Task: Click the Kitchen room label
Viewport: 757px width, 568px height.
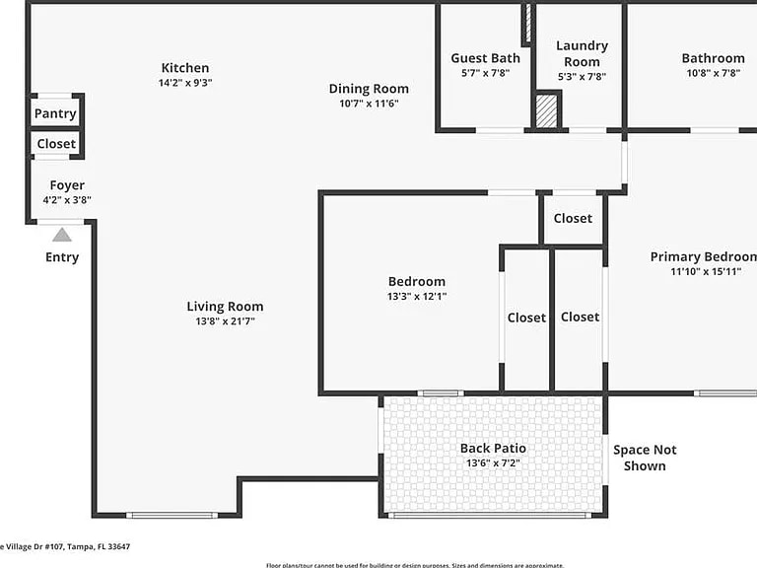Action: click(x=185, y=68)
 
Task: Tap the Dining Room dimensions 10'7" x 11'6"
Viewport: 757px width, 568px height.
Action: click(x=369, y=104)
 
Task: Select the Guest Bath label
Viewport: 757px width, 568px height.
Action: click(x=485, y=58)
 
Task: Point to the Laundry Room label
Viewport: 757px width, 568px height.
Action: click(x=582, y=53)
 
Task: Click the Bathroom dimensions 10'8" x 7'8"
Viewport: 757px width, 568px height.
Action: click(x=713, y=73)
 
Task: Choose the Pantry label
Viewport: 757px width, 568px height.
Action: click(x=55, y=113)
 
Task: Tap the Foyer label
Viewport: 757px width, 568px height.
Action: click(x=67, y=185)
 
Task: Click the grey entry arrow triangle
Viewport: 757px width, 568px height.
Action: click(x=62, y=235)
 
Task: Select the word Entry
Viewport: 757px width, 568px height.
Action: click(x=62, y=257)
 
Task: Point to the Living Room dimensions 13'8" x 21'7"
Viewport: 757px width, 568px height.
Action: click(x=225, y=321)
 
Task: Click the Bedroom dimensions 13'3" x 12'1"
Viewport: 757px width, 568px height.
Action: click(x=416, y=297)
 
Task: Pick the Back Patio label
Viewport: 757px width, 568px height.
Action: click(x=493, y=449)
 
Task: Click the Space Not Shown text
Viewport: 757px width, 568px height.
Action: click(x=645, y=458)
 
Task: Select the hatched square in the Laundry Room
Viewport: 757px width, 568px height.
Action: click(x=547, y=110)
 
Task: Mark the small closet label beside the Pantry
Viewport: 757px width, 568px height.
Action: click(x=56, y=144)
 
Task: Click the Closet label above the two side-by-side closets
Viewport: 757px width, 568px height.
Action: click(x=573, y=218)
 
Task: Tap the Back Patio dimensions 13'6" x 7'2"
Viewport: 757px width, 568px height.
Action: click(x=493, y=463)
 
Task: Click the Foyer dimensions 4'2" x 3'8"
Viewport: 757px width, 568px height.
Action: click(x=67, y=200)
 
